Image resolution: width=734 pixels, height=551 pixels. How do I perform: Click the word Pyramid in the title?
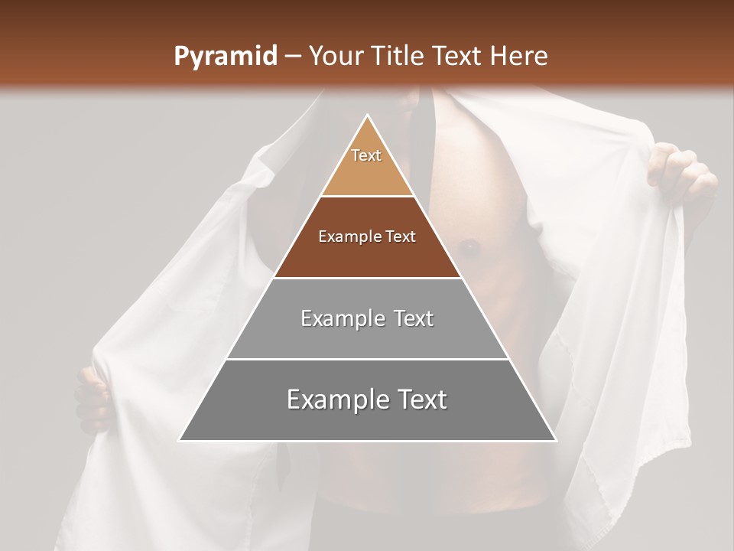(225, 57)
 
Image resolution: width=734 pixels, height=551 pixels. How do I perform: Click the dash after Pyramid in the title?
(292, 57)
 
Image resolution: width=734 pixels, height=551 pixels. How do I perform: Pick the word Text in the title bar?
(458, 56)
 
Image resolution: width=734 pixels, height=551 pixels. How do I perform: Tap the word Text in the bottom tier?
(419, 399)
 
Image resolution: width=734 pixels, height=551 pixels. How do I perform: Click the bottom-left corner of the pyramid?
(180, 440)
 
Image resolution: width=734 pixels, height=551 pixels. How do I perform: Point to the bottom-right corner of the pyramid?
(555, 440)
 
